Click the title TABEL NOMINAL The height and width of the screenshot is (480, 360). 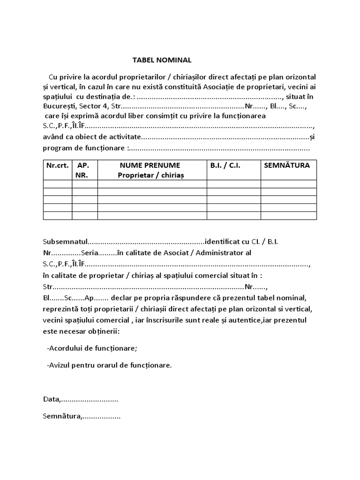pyautogui.click(x=162, y=60)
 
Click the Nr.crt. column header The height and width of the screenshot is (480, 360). pyautogui.click(x=57, y=165)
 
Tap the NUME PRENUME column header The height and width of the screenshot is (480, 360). pyautogui.click(x=152, y=170)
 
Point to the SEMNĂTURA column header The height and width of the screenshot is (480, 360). pyautogui.click(x=287, y=165)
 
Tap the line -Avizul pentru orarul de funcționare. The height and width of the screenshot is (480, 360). pyautogui.click(x=109, y=365)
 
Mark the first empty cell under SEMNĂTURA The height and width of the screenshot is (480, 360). pyautogui.click(x=288, y=184)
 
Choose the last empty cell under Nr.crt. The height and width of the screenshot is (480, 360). pyautogui.click(x=57, y=216)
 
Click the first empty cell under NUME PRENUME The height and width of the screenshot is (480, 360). pyautogui.click(x=152, y=184)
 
